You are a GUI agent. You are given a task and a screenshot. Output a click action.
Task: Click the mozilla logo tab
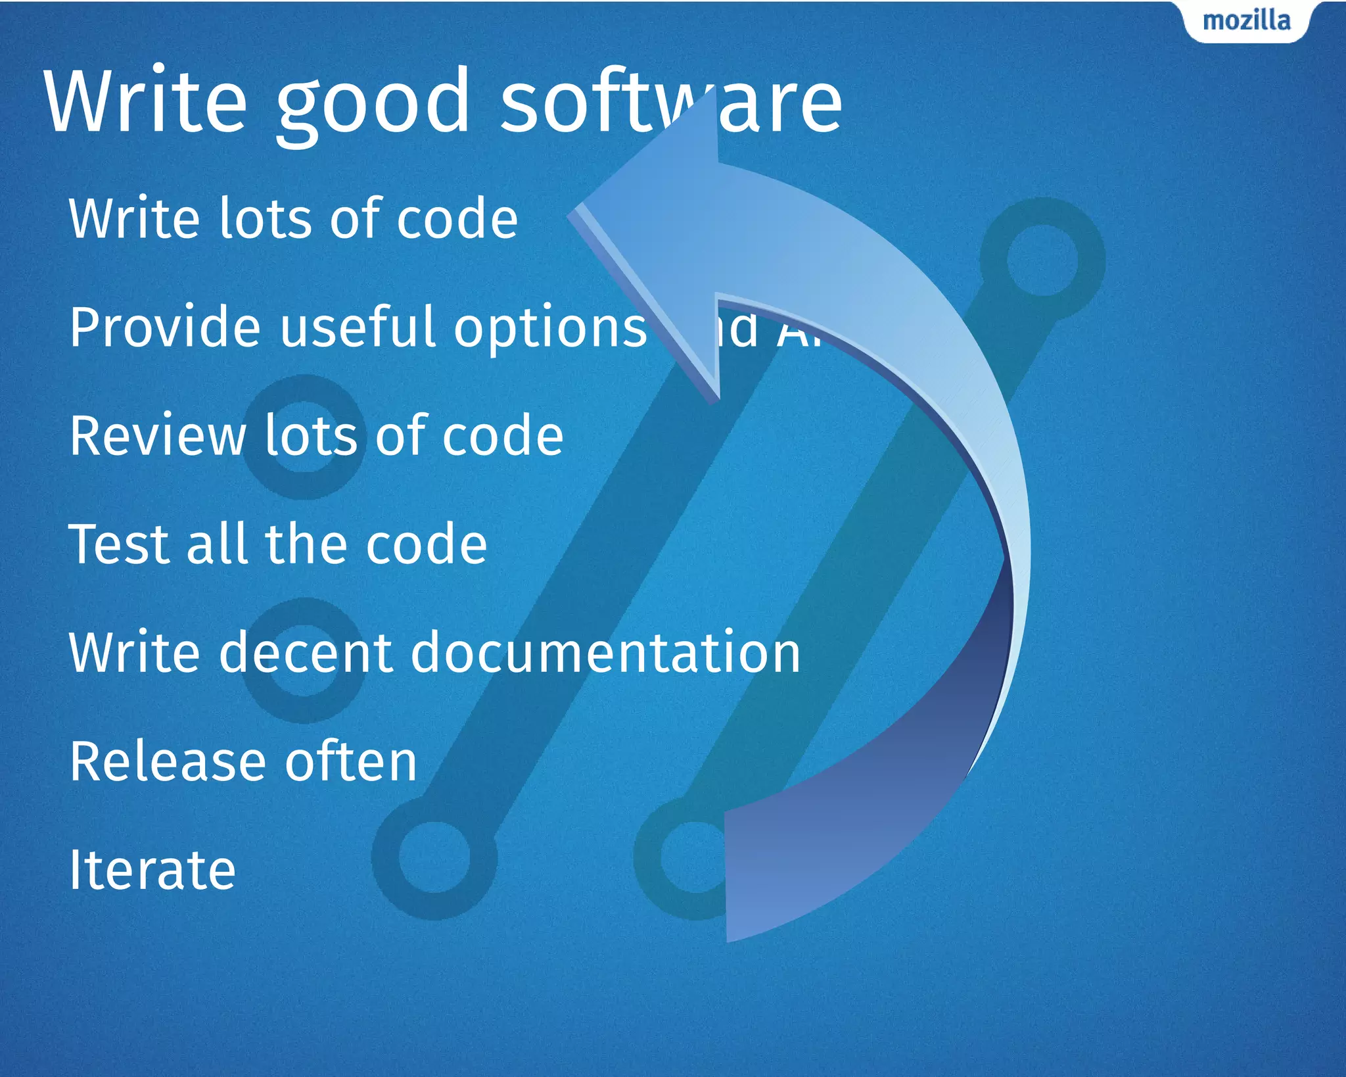click(x=1246, y=21)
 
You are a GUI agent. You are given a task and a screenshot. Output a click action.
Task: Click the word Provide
click(x=165, y=327)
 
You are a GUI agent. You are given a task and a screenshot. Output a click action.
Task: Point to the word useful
click(x=359, y=327)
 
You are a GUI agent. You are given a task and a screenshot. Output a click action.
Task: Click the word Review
click(x=158, y=435)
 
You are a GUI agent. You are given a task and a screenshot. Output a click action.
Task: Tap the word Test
click(x=121, y=544)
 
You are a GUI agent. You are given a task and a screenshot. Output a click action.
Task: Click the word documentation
click(x=605, y=652)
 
